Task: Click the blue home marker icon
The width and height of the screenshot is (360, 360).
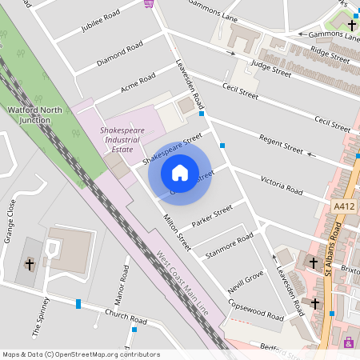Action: pos(180,173)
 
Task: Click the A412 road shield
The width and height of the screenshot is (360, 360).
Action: pos(344,206)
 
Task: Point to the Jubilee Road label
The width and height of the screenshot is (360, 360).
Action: pos(100,22)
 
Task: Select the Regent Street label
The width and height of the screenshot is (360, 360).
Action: pos(280,144)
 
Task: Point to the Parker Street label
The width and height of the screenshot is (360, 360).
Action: pos(212,214)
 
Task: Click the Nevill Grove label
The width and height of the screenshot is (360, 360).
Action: pos(246,279)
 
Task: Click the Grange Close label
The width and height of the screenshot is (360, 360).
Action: pos(10,221)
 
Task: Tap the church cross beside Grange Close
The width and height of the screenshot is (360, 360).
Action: pos(30,263)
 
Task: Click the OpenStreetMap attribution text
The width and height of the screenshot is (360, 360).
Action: pos(81,354)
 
